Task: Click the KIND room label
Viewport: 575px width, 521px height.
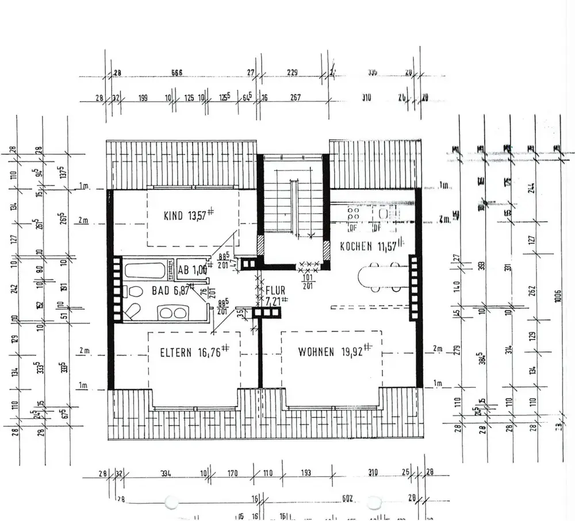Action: pyautogui.click(x=174, y=216)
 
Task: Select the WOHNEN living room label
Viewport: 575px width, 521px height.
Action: pyautogui.click(x=316, y=352)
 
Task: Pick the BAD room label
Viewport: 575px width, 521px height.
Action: pyautogui.click(x=160, y=291)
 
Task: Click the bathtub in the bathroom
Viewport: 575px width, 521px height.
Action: pyautogui.click(x=146, y=270)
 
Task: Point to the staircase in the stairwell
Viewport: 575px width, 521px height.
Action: pyautogui.click(x=293, y=204)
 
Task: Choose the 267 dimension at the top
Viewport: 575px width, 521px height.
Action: pyautogui.click(x=295, y=98)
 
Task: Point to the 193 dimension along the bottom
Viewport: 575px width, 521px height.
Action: pyautogui.click(x=305, y=473)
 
